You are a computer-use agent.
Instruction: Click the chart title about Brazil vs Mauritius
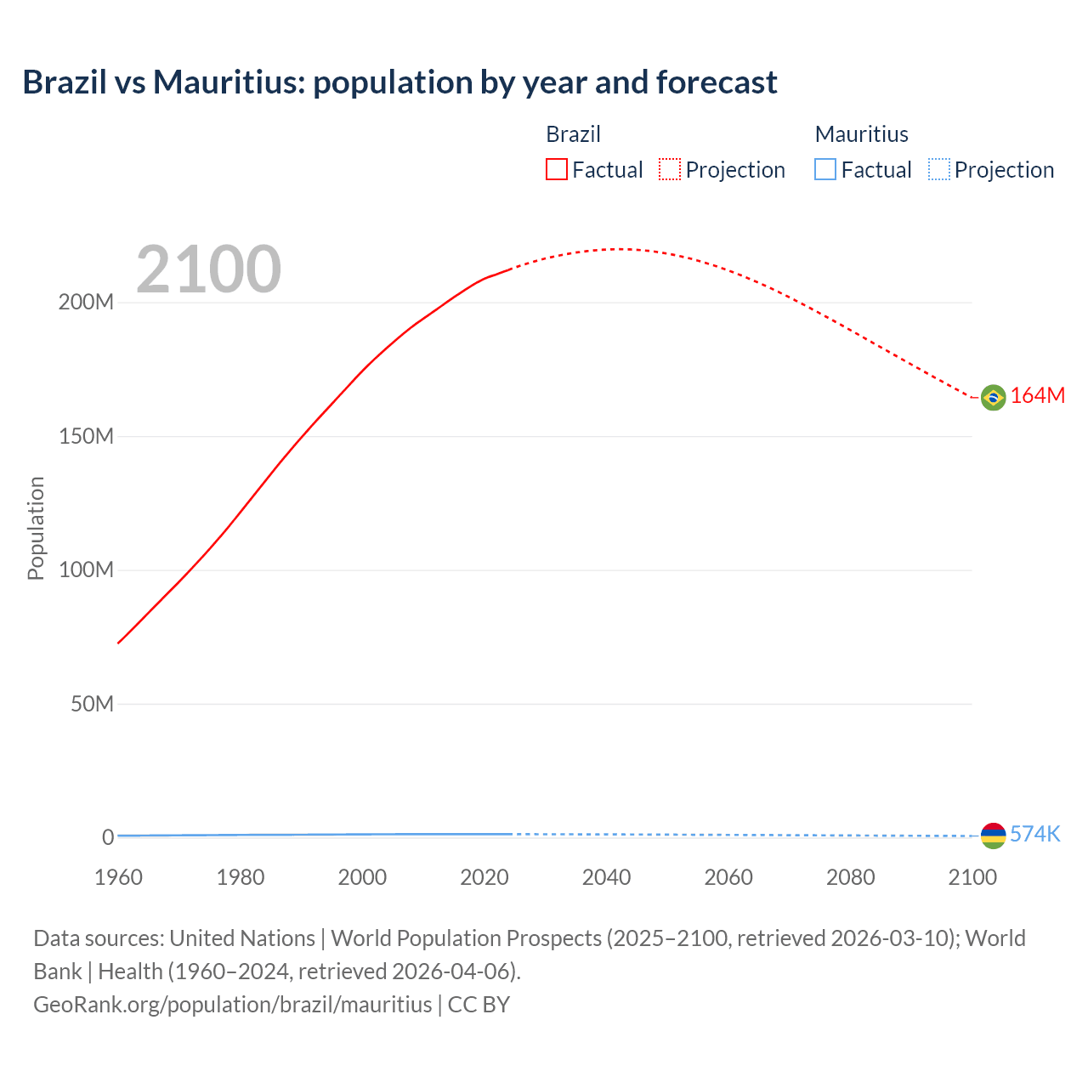[399, 82]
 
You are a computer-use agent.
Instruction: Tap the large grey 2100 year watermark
[208, 269]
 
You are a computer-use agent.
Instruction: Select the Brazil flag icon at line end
[993, 397]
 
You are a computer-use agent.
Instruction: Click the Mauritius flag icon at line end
[993, 836]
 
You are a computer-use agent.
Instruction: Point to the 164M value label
[1037, 396]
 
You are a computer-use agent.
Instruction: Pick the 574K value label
[1034, 834]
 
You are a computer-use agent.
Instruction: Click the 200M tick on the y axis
[86, 303]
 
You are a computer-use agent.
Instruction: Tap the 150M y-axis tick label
[86, 437]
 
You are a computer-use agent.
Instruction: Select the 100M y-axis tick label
[86, 570]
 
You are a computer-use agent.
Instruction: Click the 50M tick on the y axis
[92, 704]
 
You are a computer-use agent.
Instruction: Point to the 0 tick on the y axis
[108, 837]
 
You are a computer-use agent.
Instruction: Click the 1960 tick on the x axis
[118, 877]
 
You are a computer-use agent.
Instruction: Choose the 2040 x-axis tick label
[606, 877]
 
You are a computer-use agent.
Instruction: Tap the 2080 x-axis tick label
[850, 877]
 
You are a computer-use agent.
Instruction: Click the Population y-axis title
[36, 528]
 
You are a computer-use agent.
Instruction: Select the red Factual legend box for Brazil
[557, 170]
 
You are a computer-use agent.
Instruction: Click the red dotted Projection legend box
[670, 170]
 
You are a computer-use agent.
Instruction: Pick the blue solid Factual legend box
[825, 170]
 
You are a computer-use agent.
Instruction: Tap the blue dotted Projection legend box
[939, 170]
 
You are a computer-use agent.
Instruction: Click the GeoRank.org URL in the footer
[232, 1005]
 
